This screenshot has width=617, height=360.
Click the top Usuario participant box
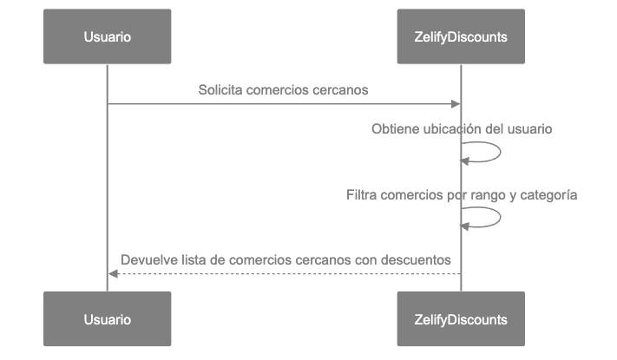coord(108,36)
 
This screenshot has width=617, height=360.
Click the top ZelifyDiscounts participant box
coord(461,36)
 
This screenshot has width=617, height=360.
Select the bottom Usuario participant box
coord(108,319)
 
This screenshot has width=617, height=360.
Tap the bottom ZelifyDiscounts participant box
coord(461,319)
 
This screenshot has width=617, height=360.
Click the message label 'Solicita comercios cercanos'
coord(284,90)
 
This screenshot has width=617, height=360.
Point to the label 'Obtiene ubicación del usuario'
coord(462,129)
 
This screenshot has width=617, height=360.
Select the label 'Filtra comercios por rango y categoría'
coord(461,195)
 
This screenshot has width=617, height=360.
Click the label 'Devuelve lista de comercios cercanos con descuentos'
coord(286,259)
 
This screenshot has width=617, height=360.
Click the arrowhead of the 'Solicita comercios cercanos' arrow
coord(456,104)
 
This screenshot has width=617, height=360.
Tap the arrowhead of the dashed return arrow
coord(113,274)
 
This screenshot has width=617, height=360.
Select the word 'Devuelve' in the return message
coord(147,259)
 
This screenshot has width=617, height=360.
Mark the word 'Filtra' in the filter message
coord(362,195)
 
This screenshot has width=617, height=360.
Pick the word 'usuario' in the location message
coord(529,129)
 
